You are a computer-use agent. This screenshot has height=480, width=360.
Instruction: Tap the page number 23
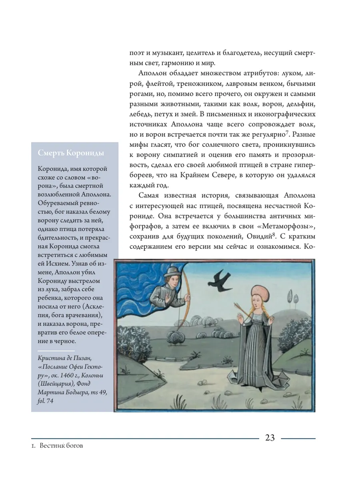coord(270,438)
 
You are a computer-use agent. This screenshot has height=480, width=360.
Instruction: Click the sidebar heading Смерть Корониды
coord(71,153)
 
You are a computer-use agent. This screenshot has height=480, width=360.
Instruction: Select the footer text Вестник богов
coord(61,446)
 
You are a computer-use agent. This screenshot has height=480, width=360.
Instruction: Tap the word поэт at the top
coord(136,53)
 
